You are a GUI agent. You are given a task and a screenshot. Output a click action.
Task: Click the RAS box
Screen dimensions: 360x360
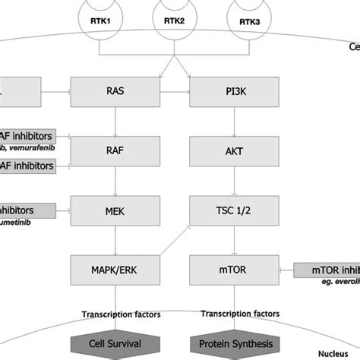(113, 90)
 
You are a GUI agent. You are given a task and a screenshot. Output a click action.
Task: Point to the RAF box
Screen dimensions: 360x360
(113, 150)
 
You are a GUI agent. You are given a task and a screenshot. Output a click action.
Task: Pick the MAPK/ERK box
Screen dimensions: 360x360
(113, 269)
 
